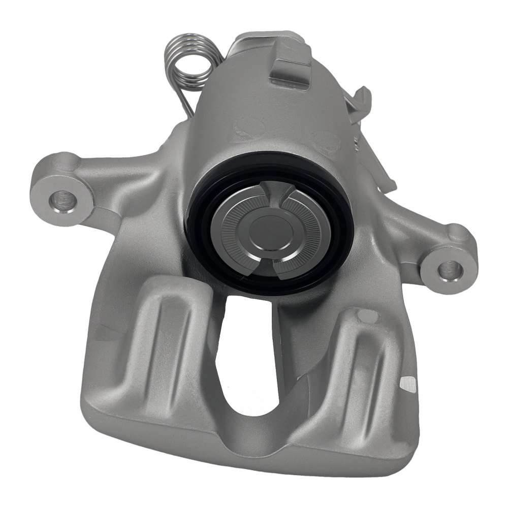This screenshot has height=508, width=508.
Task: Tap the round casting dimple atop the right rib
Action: [x=367, y=316]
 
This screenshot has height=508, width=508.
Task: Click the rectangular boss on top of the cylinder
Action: [x=290, y=71]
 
